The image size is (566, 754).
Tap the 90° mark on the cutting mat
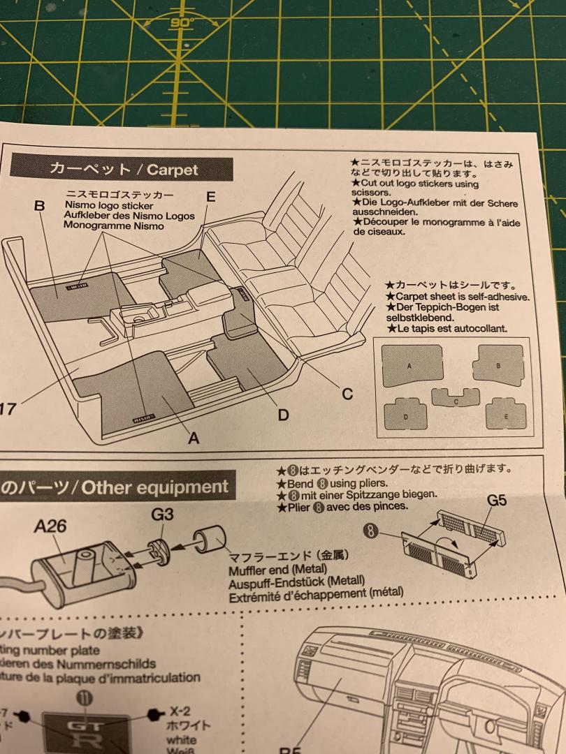click(x=183, y=22)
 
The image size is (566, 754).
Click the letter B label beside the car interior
click(x=39, y=207)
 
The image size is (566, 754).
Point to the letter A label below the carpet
click(x=194, y=438)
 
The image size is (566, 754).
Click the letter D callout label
click(x=283, y=415)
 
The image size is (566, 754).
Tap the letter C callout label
click(x=347, y=394)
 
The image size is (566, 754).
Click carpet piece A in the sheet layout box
click(x=408, y=366)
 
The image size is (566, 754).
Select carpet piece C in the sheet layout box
click(x=455, y=398)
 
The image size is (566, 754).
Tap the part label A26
click(x=50, y=526)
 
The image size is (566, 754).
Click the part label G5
click(x=498, y=500)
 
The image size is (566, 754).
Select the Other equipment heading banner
click(x=115, y=487)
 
